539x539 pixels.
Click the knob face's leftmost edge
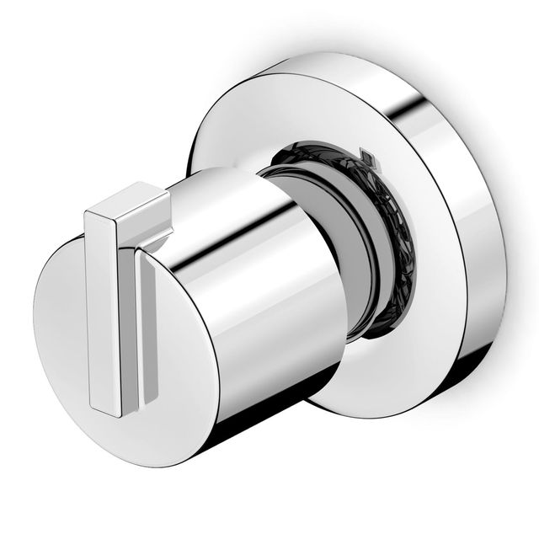tap(35, 337)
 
